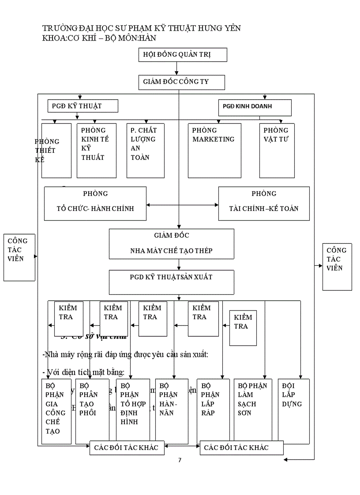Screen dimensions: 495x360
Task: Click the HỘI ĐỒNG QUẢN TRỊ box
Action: click(x=183, y=55)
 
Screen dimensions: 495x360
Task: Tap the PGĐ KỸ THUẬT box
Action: click(x=82, y=106)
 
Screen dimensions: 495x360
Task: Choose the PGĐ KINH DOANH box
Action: click(x=255, y=107)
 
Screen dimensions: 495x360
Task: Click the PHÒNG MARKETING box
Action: click(x=214, y=150)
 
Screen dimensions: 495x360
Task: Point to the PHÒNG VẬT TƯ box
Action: click(x=277, y=150)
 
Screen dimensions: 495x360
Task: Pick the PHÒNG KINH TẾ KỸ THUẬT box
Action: click(x=96, y=150)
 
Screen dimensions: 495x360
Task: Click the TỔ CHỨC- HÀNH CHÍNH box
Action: click(x=95, y=203)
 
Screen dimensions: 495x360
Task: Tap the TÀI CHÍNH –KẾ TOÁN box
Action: click(x=264, y=203)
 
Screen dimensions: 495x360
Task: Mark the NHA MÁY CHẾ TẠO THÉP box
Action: click(x=171, y=243)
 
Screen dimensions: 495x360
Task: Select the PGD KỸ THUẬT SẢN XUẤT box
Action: click(x=171, y=282)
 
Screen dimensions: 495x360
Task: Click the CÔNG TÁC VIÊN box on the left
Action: click(x=19, y=257)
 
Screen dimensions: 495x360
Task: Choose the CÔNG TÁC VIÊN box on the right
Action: click(x=337, y=266)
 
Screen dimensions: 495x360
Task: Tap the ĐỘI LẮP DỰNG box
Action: click(x=293, y=411)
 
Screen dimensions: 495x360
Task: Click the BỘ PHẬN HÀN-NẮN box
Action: click(x=172, y=411)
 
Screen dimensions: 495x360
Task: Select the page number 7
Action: click(x=180, y=460)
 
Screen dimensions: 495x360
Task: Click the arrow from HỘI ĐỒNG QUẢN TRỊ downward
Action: click(x=177, y=67)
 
